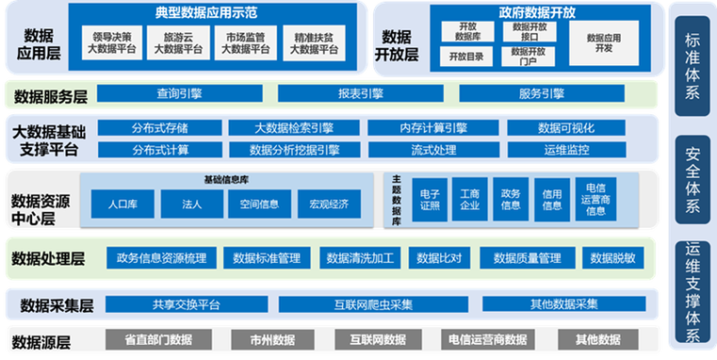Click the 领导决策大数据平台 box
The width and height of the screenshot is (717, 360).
110,44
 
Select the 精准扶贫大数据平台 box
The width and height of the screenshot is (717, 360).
314,44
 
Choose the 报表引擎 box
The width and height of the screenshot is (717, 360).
361,93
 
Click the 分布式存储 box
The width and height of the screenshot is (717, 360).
160,128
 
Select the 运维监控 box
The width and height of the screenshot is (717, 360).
566,149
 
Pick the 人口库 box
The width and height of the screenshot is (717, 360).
123,203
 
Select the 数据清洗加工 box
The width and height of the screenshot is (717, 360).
359,257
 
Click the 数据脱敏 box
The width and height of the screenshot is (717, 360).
612,257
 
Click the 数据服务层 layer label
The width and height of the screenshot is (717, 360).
48,95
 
